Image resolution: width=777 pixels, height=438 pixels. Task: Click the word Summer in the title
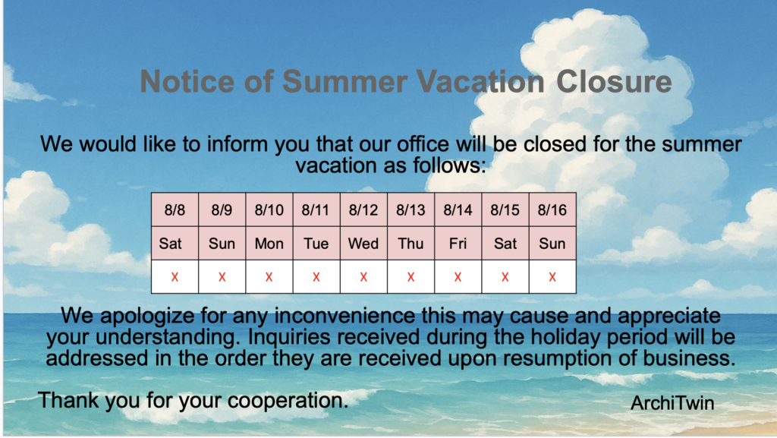pyautogui.click(x=345, y=81)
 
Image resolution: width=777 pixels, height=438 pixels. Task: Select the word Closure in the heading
pyautogui.click(x=614, y=81)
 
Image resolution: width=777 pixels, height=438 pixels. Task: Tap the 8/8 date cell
pyautogui.click(x=175, y=210)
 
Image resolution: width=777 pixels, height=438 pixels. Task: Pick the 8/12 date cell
pyautogui.click(x=363, y=210)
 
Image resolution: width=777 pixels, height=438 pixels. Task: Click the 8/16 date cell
pyautogui.click(x=552, y=210)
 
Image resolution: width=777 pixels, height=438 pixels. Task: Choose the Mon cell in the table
pyautogui.click(x=269, y=244)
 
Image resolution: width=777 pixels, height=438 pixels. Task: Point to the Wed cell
pyautogui.click(x=363, y=244)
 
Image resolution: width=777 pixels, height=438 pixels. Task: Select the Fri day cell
pyautogui.click(x=458, y=244)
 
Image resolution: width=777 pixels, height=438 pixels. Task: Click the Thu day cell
pyautogui.click(x=411, y=244)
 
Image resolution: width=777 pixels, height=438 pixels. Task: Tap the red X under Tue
pyautogui.click(x=316, y=277)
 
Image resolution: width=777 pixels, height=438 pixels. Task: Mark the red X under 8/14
pyautogui.click(x=458, y=277)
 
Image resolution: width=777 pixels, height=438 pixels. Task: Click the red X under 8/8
pyautogui.click(x=175, y=277)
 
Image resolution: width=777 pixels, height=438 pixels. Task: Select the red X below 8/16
pyautogui.click(x=552, y=277)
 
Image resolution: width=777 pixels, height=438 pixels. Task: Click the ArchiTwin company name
pyautogui.click(x=672, y=403)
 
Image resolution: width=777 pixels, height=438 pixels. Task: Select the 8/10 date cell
pyautogui.click(x=269, y=210)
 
